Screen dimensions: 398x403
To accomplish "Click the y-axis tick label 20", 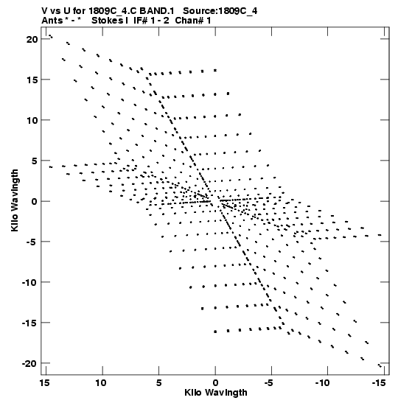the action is [32, 39].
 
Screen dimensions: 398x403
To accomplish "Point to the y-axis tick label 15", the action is [32, 80].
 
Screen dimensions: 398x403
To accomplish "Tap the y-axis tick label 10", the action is [32, 120].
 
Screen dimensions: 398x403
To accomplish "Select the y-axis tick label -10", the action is [29, 282].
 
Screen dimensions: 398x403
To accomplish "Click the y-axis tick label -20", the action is [29, 363].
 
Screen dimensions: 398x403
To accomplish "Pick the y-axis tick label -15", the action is [29, 323].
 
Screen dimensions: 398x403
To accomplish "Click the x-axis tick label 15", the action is [44, 383].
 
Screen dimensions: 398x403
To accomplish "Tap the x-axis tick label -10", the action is [322, 383].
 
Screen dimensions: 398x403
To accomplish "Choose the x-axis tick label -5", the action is [269, 383].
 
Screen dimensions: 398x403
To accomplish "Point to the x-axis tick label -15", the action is [379, 383].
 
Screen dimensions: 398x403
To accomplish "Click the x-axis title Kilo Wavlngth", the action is [216, 393].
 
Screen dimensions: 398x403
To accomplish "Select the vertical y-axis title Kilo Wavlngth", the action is [15, 200].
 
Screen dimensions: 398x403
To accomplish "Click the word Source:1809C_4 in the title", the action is [220, 11].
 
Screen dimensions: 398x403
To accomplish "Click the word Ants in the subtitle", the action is [52, 21].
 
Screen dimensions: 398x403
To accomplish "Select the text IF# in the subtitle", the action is [141, 21].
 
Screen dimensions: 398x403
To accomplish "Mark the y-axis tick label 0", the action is [35, 201].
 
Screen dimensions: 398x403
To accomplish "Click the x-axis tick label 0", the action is [215, 383].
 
